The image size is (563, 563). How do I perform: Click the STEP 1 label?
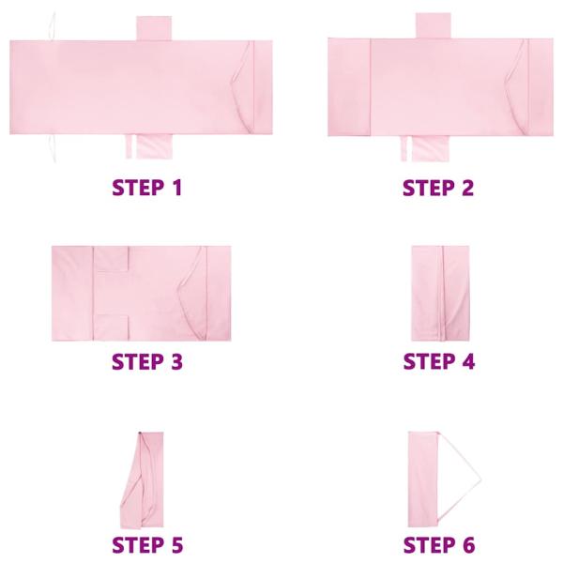point(146,188)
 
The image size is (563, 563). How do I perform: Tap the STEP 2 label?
point(438,188)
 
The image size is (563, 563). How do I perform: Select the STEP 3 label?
point(146,362)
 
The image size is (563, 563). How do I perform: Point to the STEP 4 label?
point(438,362)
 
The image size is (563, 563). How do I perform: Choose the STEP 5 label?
point(146,544)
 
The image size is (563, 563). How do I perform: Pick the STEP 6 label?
point(438,544)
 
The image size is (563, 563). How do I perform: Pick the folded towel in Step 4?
point(438,292)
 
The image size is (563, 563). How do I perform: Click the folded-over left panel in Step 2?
point(349,88)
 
